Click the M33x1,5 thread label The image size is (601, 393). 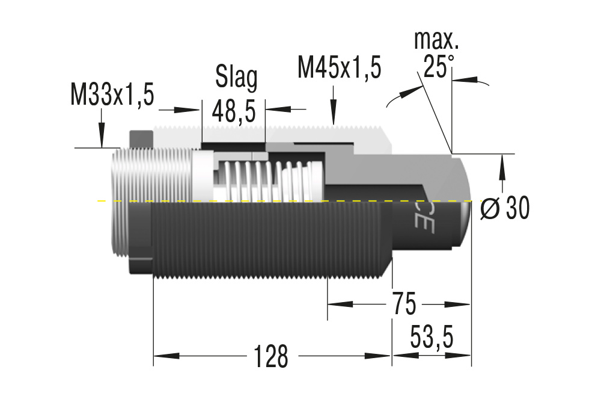[x=112, y=95]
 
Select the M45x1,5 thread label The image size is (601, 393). [x=339, y=67]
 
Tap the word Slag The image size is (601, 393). [x=236, y=77]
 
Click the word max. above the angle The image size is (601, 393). [x=437, y=40]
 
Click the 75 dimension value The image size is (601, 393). [x=403, y=305]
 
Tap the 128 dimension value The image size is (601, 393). [x=270, y=356]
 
